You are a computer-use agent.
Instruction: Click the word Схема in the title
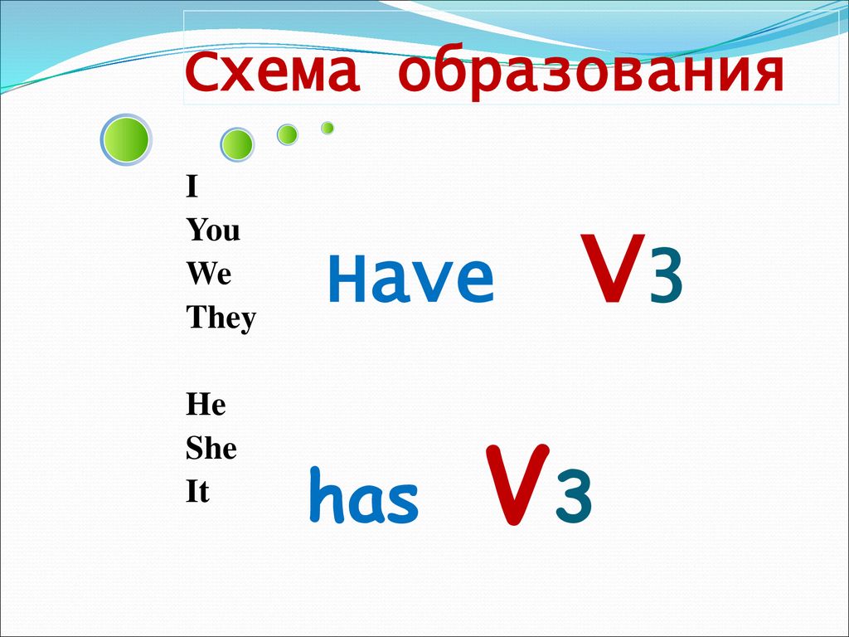[x=272, y=72]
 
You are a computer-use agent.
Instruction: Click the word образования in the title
[x=591, y=73]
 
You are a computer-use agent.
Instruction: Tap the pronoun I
[x=192, y=187]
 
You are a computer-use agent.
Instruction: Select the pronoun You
[x=213, y=230]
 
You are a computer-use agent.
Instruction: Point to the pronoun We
[x=209, y=273]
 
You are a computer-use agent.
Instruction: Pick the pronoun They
[x=221, y=318]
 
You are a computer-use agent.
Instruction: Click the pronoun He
[x=206, y=404]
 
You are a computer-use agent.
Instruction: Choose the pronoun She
[x=211, y=448]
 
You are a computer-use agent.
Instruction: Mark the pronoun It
[x=197, y=491]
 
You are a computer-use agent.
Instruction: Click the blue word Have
[x=411, y=279]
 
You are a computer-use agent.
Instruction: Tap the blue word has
[x=364, y=496]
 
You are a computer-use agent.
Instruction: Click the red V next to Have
[x=613, y=268]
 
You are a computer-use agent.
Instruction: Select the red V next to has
[x=517, y=484]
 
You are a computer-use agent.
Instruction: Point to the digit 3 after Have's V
[x=666, y=282]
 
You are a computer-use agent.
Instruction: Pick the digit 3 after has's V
[x=575, y=496]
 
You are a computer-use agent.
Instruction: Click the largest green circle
[x=126, y=139]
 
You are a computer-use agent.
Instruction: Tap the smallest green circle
[x=327, y=128]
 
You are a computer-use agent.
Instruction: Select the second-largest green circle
[x=237, y=144]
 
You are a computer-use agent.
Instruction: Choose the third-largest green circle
[x=288, y=135]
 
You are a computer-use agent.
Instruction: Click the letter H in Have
[x=347, y=279]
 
